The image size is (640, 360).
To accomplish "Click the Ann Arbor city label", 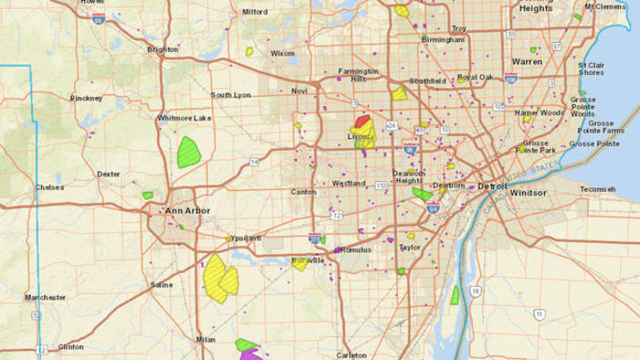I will point(187,211).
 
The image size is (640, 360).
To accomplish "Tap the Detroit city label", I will point(491,185).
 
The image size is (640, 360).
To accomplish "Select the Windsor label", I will point(528,194).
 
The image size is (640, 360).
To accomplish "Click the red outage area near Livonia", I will point(362,120).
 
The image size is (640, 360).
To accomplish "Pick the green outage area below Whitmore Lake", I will point(189,150).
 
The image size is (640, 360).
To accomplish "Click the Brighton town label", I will point(162,49).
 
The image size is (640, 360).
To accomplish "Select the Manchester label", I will point(45,298).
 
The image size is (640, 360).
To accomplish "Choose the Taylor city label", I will point(409,247).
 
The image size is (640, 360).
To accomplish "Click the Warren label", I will point(527,62).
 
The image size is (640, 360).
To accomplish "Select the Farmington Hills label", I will point(357,75).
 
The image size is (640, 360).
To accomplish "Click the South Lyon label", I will point(230,95).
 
